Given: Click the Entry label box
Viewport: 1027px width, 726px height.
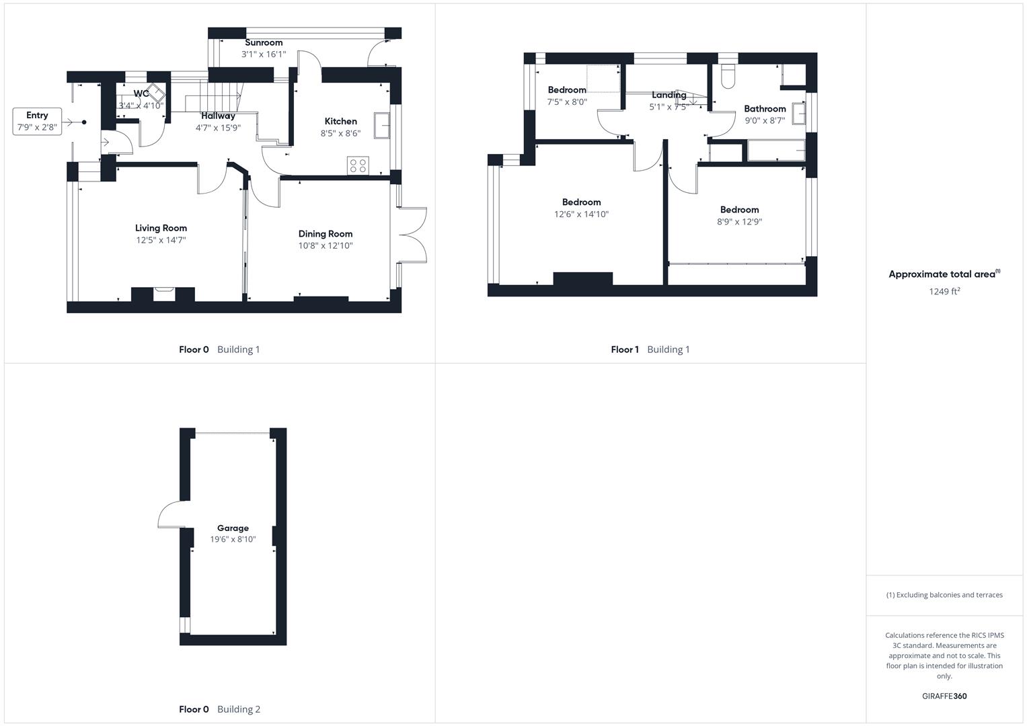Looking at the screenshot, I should tap(37, 121).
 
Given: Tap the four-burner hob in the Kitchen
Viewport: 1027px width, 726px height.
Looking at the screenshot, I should tap(358, 165).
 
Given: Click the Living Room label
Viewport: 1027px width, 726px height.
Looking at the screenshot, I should tap(161, 228).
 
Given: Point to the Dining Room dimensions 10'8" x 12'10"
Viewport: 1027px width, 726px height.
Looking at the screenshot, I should tap(326, 246).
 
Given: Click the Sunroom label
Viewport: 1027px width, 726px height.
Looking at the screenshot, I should tap(264, 42).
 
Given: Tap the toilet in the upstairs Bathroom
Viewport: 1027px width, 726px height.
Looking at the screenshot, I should tap(728, 77).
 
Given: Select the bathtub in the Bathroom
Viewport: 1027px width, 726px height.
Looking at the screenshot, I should tap(776, 151).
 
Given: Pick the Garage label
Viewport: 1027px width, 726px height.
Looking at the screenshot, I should tap(233, 528).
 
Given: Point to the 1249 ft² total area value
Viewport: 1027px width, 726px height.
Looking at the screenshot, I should tap(944, 291).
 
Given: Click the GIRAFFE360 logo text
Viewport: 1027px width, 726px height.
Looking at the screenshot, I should tap(944, 696).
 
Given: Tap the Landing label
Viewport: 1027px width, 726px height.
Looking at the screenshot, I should tap(669, 95).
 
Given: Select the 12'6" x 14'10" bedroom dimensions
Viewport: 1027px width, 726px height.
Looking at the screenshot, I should tap(581, 214).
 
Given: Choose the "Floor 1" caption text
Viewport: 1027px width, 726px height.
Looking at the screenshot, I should tap(625, 349).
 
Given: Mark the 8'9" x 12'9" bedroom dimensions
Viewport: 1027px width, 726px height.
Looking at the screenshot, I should tap(739, 222).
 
